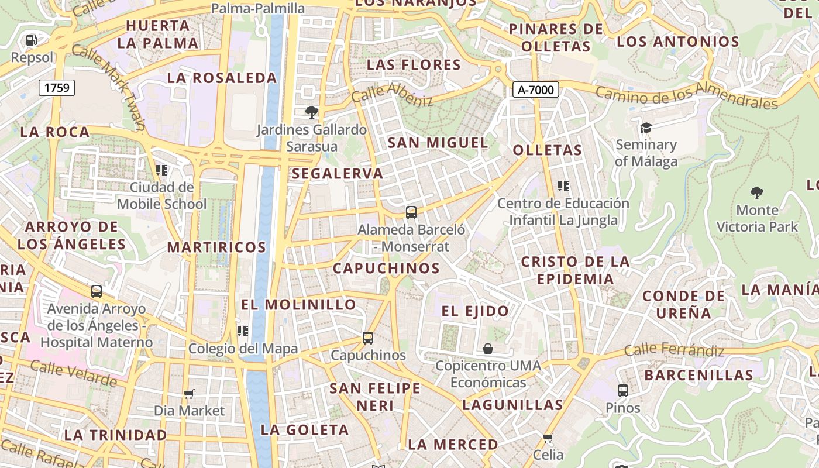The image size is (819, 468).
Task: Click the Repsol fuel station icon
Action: click(x=32, y=40)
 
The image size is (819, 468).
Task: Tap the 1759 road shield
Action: click(x=57, y=88)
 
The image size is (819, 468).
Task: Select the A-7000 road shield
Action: click(x=536, y=90)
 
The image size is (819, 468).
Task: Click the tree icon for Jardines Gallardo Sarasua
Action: click(x=312, y=112)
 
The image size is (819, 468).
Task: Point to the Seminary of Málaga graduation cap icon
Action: click(x=646, y=128)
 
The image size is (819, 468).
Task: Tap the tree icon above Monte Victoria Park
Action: click(x=757, y=192)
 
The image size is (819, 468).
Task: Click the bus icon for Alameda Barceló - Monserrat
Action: click(x=411, y=212)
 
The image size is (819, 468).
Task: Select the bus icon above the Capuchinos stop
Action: click(x=368, y=338)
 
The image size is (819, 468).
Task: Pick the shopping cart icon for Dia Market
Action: click(x=188, y=394)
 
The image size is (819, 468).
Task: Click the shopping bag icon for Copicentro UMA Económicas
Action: click(x=488, y=349)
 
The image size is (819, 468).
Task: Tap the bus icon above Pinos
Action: click(x=623, y=390)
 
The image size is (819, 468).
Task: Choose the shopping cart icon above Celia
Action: click(x=548, y=438)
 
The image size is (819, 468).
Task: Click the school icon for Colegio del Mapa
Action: click(x=243, y=331)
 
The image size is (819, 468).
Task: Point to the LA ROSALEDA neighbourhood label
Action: click(x=222, y=78)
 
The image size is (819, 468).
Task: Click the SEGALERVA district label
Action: click(x=338, y=173)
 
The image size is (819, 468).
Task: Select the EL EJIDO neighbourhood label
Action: click(x=475, y=311)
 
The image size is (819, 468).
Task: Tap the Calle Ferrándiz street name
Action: click(x=674, y=350)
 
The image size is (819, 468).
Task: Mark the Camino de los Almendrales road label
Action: click(x=687, y=97)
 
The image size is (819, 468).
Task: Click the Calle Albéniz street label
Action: click(x=393, y=94)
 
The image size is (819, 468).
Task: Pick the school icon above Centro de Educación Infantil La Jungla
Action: click(x=563, y=186)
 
